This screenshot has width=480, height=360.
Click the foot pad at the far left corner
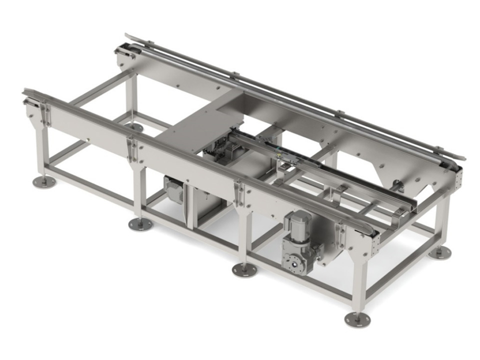coord(44,182)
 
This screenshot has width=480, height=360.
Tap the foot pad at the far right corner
coord(440,252)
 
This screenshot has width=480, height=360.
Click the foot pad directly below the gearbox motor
coord(245,270)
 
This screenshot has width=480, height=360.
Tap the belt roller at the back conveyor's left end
coord(122,49)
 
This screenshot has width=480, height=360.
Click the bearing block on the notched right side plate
coord(398,187)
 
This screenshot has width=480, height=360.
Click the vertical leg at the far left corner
coord(41,150)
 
